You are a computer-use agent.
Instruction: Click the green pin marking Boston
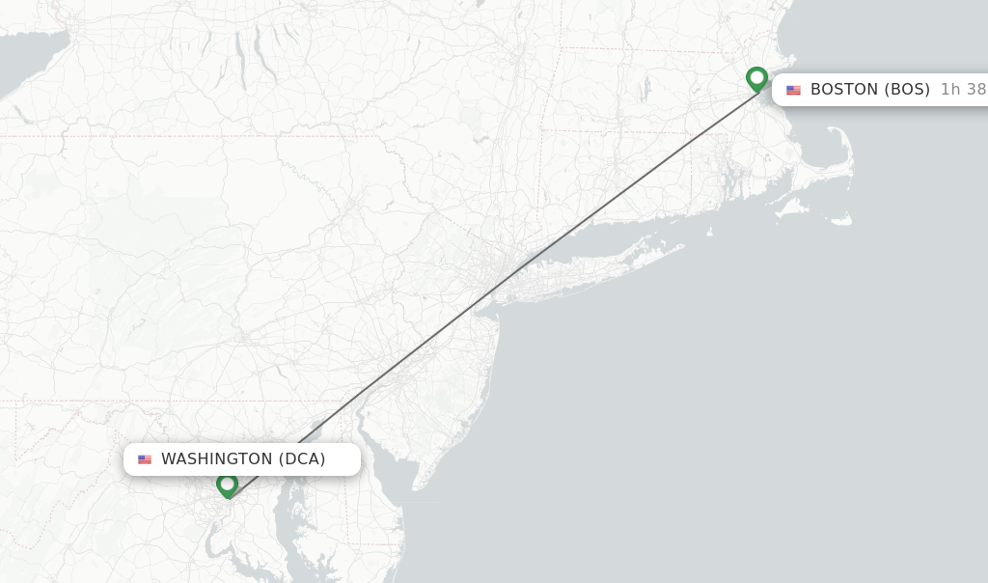tap(756, 78)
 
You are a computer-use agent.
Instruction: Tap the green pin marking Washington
tap(228, 484)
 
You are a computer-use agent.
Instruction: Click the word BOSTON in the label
tap(844, 90)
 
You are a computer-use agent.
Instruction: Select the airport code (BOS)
tap(907, 90)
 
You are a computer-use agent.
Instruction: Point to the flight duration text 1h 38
tap(963, 90)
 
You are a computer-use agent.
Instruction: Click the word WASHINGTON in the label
tap(217, 459)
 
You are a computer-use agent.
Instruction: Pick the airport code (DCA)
tap(302, 459)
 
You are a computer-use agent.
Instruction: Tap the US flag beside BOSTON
tap(793, 91)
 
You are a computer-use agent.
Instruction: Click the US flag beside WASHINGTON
tap(145, 460)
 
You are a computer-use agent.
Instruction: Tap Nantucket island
tap(839, 220)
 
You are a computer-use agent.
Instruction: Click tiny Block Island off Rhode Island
tap(709, 232)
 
